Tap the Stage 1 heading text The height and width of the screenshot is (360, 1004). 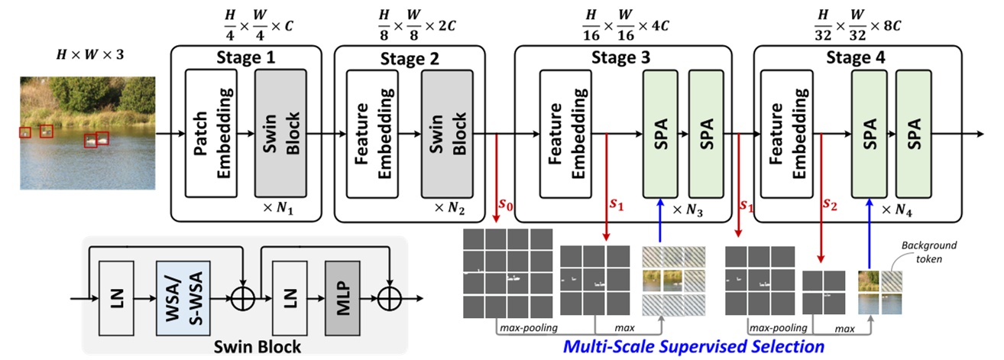(x=247, y=57)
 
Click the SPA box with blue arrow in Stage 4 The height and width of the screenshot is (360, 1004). (x=870, y=134)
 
